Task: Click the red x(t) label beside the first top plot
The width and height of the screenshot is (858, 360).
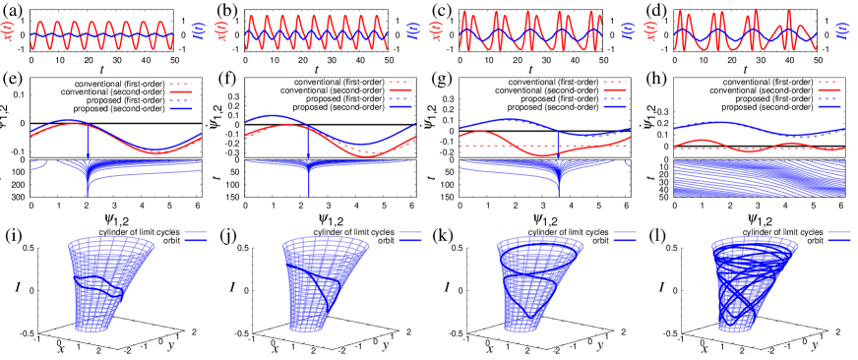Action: coord(10,31)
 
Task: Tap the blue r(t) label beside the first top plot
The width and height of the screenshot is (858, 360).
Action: coord(197,31)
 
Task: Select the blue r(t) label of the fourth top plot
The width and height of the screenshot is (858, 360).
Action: coord(841,31)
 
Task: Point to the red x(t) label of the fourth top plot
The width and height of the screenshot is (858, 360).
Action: coord(650,31)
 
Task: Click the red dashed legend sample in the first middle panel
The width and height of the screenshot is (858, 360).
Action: coord(180,84)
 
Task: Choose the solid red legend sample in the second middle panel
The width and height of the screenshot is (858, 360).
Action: coord(399,90)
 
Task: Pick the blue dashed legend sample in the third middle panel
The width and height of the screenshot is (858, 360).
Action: coord(614,99)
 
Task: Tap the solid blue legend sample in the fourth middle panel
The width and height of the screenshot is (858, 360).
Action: coord(828,107)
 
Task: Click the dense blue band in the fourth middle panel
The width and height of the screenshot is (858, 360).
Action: coord(759,178)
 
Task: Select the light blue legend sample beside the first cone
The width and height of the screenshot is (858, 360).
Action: coord(195,232)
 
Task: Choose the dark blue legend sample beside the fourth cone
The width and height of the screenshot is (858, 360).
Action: coord(838,239)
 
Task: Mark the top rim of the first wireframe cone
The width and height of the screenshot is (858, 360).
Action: coord(111,243)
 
